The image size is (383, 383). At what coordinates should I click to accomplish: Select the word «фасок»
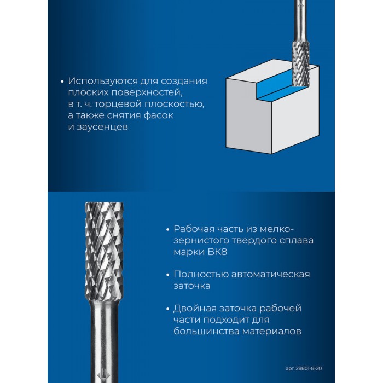click(x=159, y=115)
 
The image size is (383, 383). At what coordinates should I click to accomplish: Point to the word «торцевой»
click(x=118, y=105)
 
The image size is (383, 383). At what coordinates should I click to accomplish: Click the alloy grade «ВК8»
click(x=217, y=252)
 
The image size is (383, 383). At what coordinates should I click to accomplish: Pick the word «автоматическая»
click(x=270, y=274)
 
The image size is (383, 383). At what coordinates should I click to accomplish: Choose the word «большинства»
click(x=206, y=332)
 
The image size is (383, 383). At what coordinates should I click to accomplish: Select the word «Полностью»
click(x=201, y=274)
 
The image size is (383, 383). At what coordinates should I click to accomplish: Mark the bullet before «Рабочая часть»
click(x=167, y=230)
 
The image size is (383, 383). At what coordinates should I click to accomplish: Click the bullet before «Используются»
click(x=62, y=82)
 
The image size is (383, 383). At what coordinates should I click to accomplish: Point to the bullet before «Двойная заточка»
click(x=167, y=309)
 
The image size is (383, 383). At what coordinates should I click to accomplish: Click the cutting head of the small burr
click(x=301, y=63)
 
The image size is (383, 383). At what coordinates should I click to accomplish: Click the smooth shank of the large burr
click(x=104, y=342)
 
